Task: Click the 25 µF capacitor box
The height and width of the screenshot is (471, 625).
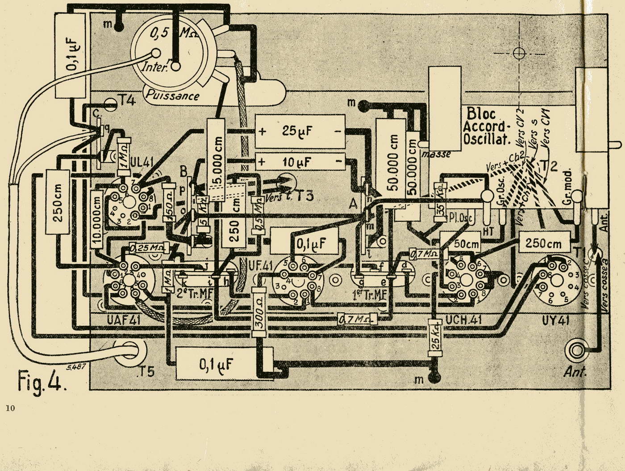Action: pyautogui.click(x=300, y=131)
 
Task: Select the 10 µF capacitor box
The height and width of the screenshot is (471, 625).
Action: pyautogui.click(x=300, y=161)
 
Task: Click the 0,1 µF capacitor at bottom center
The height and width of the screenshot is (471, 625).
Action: pyautogui.click(x=217, y=364)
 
